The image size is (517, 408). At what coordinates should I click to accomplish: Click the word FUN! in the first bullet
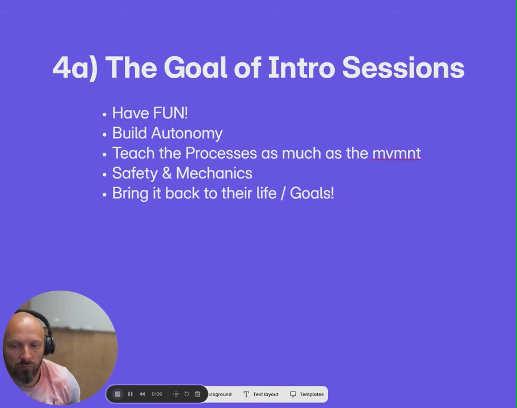[170, 113]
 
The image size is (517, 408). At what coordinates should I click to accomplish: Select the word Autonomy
[187, 134]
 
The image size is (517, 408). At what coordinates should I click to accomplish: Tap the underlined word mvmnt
[396, 154]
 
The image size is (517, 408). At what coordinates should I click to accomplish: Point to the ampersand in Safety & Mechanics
[167, 173]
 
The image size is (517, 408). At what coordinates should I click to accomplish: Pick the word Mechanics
[215, 173]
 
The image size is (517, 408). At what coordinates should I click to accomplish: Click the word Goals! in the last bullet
[312, 193]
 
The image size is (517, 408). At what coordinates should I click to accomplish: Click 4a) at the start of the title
[75, 68]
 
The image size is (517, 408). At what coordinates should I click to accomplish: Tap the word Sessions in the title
[403, 67]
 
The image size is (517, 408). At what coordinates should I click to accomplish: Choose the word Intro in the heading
[302, 67]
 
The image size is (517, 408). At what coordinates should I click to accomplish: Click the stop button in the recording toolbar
[117, 394]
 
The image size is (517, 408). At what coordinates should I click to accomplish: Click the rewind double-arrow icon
[142, 394]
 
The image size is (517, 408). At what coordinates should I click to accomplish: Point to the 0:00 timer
[157, 394]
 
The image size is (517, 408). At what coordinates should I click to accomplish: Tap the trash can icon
[197, 394]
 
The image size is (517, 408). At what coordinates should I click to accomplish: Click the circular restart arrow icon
[187, 394]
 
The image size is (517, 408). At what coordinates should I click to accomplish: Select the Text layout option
[261, 394]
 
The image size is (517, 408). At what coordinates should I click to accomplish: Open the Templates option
[306, 394]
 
